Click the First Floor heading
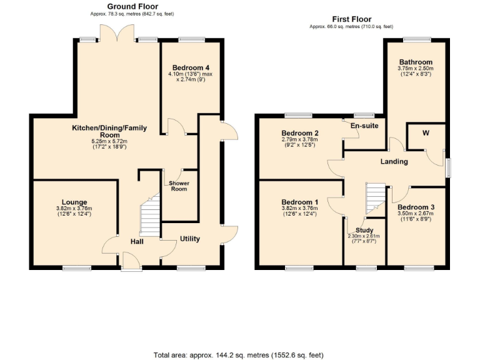click(x=351, y=19)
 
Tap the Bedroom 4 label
click(x=190, y=67)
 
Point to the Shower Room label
click(x=179, y=186)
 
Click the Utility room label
click(x=190, y=239)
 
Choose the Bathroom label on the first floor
click(x=416, y=62)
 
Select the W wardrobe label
click(x=426, y=132)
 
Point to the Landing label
click(x=394, y=161)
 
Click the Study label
click(x=364, y=231)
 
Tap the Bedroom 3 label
click(x=415, y=207)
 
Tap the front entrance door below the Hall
click(x=131, y=261)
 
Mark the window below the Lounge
click(x=77, y=268)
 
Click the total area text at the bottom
click(x=239, y=354)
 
